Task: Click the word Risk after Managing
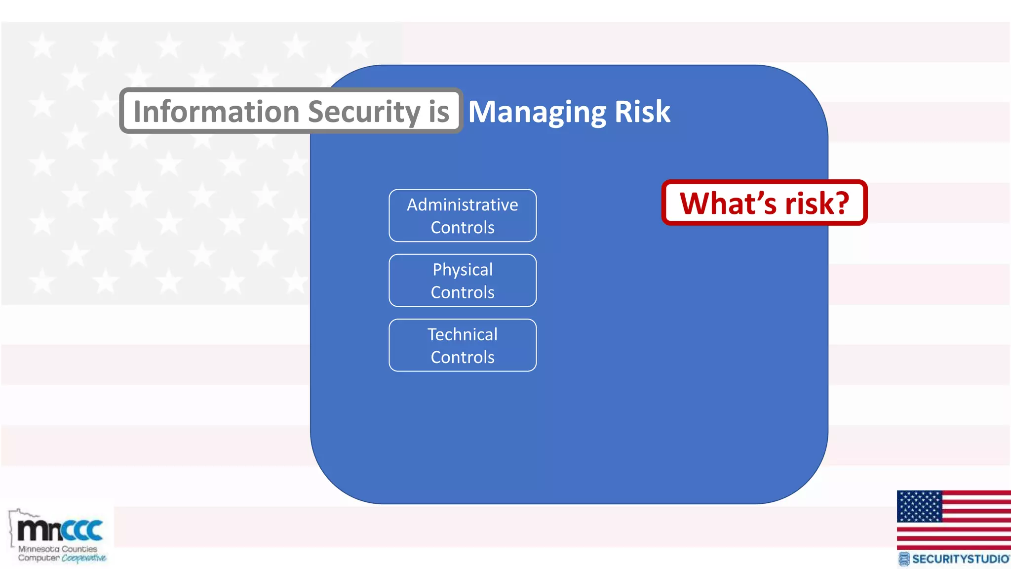pyautogui.click(x=642, y=112)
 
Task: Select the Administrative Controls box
pyautogui.click(x=463, y=216)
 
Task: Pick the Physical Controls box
pyautogui.click(x=463, y=281)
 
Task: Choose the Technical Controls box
pyautogui.click(x=463, y=345)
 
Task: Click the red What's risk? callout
pyautogui.click(x=764, y=203)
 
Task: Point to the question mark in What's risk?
pyautogui.click(x=839, y=203)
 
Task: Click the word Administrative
pyautogui.click(x=463, y=204)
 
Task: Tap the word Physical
pyautogui.click(x=463, y=270)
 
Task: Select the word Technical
pyautogui.click(x=463, y=334)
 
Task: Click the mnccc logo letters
pyautogui.click(x=60, y=530)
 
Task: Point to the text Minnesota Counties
pyautogui.click(x=58, y=549)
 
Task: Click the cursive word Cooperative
pyautogui.click(x=83, y=558)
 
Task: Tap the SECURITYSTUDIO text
pyautogui.click(x=960, y=559)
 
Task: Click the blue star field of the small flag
pyautogui.click(x=919, y=506)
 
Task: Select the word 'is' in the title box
pyautogui.click(x=439, y=112)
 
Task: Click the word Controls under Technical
pyautogui.click(x=463, y=357)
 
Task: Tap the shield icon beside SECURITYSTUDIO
pyautogui.click(x=904, y=559)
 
